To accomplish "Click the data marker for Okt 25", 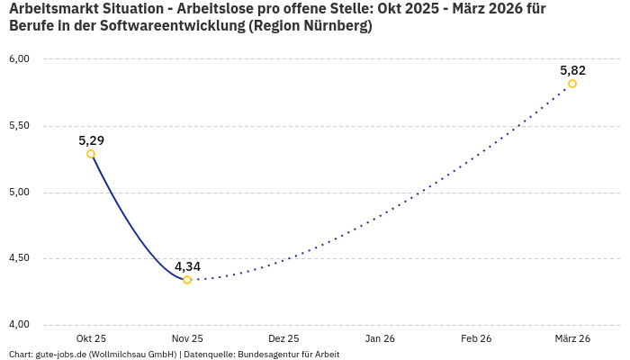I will click(91, 154).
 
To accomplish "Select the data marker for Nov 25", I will click(187, 280).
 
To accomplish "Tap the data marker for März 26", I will click(572, 84).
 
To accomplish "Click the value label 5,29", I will click(91, 140).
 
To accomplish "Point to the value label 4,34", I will click(187, 266).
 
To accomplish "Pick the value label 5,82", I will click(572, 70).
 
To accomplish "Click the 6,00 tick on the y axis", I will click(19, 58).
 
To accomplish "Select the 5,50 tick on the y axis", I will click(19, 125).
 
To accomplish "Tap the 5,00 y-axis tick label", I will click(19, 192).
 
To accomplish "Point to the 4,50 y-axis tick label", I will click(19, 258).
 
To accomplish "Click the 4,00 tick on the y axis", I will click(19, 325).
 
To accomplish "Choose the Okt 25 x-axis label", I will click(91, 338).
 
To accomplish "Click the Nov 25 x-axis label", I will click(187, 338).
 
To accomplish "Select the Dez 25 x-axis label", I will click(283, 338).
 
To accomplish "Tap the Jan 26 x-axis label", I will click(380, 338).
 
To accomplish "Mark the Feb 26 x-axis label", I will click(476, 338).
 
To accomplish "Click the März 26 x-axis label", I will click(572, 338).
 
